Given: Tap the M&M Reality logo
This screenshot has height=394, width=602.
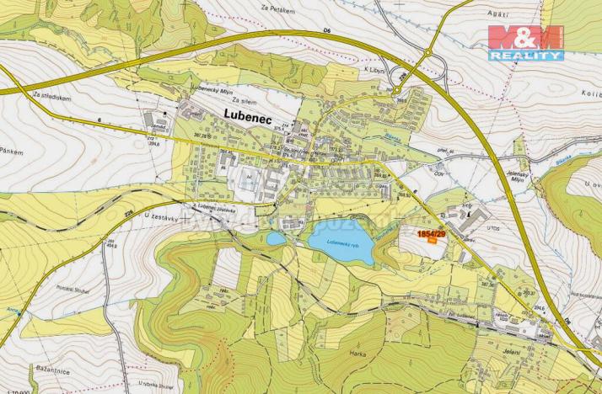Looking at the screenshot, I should click(x=525, y=42).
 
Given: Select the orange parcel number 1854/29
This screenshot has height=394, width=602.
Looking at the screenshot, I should click(x=433, y=233).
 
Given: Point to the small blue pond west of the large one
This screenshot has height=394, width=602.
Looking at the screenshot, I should click(x=276, y=238).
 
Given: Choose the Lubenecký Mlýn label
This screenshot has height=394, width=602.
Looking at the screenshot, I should click(x=204, y=89).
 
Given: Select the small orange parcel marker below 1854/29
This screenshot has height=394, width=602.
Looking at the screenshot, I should click(x=433, y=242).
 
